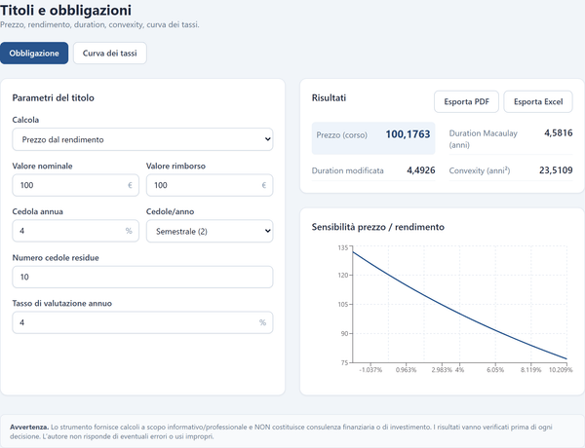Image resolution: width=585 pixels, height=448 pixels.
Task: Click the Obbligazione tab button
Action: tap(34, 53)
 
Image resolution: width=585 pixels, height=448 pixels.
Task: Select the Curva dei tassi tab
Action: tap(109, 53)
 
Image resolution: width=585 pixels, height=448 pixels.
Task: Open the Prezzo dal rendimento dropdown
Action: tap(142, 139)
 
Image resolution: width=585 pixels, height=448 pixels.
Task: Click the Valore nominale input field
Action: tap(75, 185)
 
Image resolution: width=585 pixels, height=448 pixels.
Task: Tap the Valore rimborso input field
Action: tap(210, 185)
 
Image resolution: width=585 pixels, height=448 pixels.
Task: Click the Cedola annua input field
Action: tap(75, 231)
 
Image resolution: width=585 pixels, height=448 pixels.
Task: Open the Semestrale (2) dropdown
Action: tap(210, 231)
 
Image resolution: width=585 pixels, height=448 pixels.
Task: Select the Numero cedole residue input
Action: tap(142, 277)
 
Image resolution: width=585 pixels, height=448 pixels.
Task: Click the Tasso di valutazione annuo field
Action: tap(142, 322)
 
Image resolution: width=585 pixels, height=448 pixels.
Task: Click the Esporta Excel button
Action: tap(538, 101)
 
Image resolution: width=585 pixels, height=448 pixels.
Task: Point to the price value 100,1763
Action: tap(408, 134)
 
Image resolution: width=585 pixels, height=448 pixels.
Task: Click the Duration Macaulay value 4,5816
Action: tap(558, 133)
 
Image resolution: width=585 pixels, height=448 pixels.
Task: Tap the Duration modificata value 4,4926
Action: tap(421, 170)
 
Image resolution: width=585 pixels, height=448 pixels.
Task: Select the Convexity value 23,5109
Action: tap(556, 170)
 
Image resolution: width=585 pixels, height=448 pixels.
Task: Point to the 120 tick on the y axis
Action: tap(343, 275)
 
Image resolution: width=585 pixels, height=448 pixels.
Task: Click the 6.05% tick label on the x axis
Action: tap(495, 370)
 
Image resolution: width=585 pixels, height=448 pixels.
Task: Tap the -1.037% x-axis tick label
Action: tap(370, 370)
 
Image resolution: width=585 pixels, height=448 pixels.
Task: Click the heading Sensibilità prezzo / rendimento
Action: tap(378, 227)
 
